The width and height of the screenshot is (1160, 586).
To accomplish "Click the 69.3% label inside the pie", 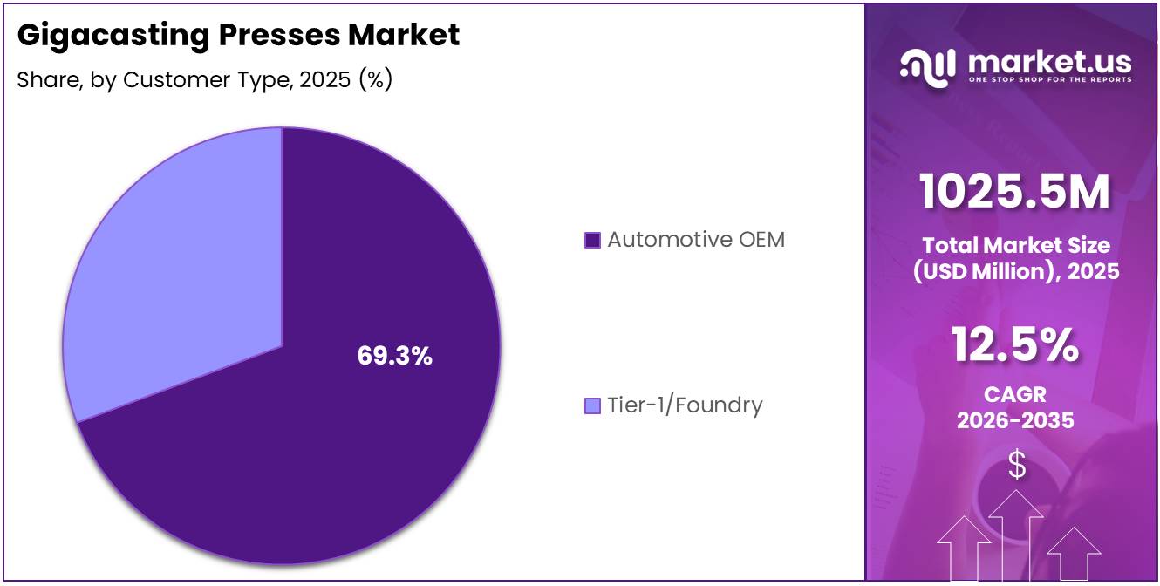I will click(394, 356).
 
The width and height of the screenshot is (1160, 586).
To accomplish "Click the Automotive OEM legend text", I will click(696, 240).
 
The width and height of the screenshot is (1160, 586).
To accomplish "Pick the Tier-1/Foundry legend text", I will click(685, 405).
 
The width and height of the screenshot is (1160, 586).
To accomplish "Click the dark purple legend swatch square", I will click(592, 241).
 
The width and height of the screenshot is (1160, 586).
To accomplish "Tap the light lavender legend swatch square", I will click(592, 406).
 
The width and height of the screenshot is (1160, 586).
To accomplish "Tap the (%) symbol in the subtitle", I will click(375, 80).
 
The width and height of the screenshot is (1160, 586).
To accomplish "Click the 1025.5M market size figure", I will click(1015, 193).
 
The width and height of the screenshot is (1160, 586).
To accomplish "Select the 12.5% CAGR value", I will click(1015, 344).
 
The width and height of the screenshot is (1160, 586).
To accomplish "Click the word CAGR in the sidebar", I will click(1015, 395).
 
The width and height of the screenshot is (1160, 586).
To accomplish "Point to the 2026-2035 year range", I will click(1015, 420).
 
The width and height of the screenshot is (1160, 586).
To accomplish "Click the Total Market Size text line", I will click(1015, 245).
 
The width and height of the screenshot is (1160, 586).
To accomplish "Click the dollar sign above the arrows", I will click(1017, 465).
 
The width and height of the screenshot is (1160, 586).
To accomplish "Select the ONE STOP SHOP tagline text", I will click(1049, 80).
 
